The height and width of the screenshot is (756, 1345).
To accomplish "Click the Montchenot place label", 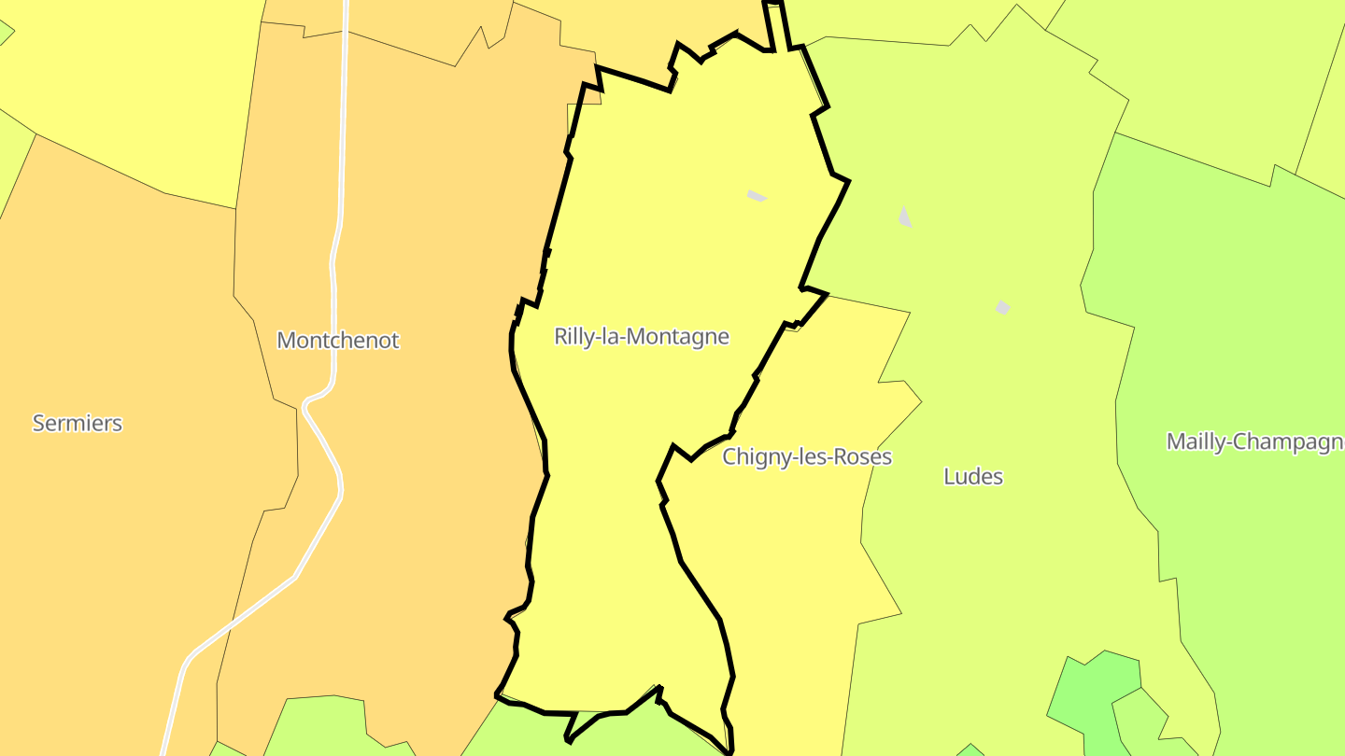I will [x=337, y=340].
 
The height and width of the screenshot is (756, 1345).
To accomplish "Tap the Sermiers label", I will [x=78, y=423].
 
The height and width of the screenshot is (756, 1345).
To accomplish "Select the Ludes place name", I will [x=973, y=476].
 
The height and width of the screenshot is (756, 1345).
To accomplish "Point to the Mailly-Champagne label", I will [x=1254, y=441].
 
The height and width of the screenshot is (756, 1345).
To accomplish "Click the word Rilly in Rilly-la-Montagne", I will [x=572, y=336].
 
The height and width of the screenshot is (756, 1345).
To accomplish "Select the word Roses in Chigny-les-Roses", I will [x=866, y=457].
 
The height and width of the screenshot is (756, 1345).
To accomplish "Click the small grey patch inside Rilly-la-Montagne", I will [x=757, y=195].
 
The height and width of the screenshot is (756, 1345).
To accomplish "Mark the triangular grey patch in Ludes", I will [x=904, y=217].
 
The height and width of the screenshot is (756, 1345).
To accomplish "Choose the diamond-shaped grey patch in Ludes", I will [x=1003, y=307].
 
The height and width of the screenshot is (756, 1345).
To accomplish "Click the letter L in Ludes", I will [x=949, y=476].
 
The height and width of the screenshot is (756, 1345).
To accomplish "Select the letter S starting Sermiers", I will [x=38, y=423].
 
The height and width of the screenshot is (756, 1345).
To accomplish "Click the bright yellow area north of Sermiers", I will [x=121, y=84].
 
